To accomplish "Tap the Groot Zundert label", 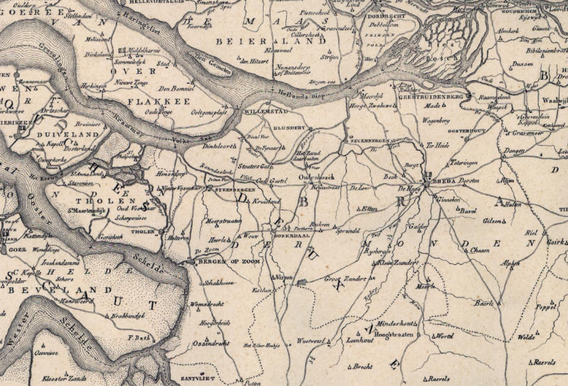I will click(x=345, y=278).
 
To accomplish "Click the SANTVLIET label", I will click(x=202, y=378).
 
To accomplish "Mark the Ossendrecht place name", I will click(x=211, y=343).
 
